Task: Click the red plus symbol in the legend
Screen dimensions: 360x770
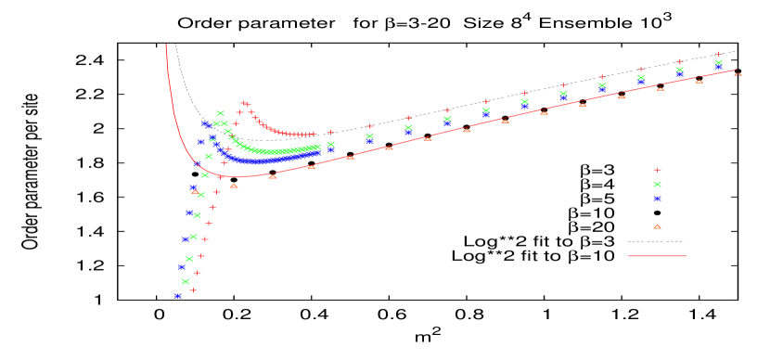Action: [x=657, y=170]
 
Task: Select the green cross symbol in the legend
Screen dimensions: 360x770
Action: [x=657, y=184]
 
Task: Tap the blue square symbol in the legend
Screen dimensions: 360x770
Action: [x=657, y=199]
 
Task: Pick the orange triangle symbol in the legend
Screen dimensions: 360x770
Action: [x=657, y=226]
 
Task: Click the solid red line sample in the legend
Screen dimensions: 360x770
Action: [x=657, y=255]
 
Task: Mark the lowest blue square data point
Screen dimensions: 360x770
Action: [x=177, y=296]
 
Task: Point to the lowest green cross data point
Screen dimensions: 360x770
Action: [x=186, y=281]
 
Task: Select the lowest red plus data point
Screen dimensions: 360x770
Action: [x=193, y=289]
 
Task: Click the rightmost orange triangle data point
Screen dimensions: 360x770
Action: [x=738, y=73]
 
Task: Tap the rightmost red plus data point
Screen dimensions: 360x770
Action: [x=719, y=55]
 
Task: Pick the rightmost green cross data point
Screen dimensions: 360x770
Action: [x=719, y=62]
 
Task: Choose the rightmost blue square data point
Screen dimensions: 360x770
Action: [x=719, y=67]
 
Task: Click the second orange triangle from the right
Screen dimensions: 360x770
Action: [x=699, y=81]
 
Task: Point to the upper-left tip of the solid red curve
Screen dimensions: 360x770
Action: [x=167, y=45]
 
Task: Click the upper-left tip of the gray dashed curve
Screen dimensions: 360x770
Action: [x=176, y=45]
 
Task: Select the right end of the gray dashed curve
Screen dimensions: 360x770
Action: [x=737, y=50]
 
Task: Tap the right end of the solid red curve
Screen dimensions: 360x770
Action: [x=737, y=71]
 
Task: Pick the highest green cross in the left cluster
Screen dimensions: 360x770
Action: [x=220, y=113]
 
